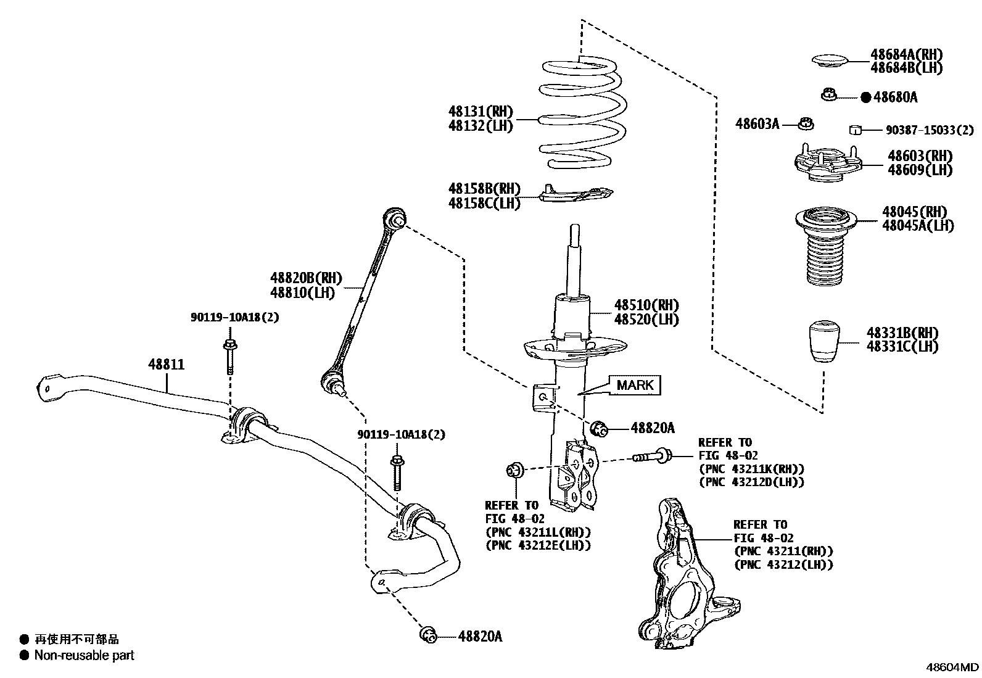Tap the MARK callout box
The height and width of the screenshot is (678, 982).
point(635,385)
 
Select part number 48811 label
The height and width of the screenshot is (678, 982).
point(166,365)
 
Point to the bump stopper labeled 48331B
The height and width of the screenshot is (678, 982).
point(826,341)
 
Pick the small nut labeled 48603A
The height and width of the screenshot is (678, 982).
point(806,123)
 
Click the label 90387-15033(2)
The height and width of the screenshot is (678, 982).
point(930,130)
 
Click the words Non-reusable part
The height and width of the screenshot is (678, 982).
point(85,655)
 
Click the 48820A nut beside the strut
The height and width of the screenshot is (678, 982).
point(599,428)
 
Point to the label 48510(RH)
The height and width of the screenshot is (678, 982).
point(646,305)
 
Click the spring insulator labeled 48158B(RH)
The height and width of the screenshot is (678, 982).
point(577,194)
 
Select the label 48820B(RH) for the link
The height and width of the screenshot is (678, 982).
point(305,278)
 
